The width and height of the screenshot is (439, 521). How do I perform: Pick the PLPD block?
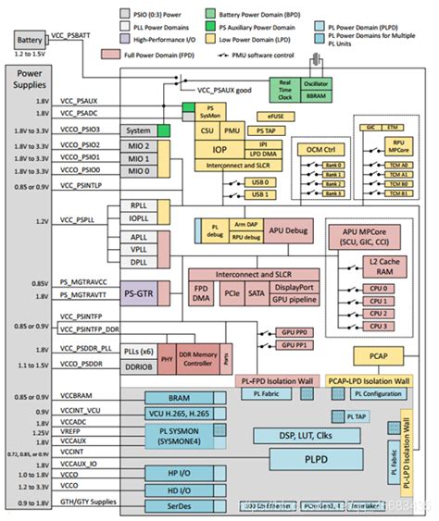pos(301,456)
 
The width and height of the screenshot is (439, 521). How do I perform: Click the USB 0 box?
pos(260,182)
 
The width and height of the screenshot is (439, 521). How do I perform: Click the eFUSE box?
pos(275,117)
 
